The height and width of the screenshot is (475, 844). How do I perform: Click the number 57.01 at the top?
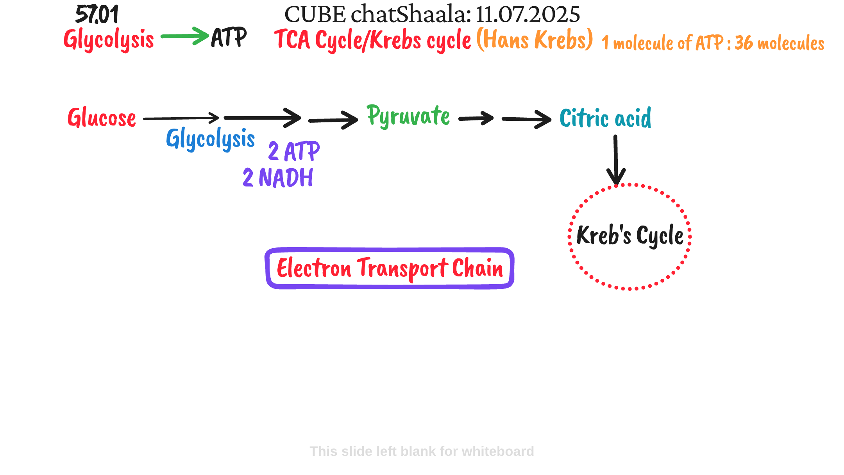[97, 15]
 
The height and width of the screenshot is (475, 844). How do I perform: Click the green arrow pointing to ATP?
[185, 36]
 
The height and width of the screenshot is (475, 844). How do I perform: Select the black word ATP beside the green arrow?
[229, 38]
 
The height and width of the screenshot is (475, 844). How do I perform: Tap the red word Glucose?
[102, 118]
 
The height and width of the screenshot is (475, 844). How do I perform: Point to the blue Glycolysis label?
[211, 139]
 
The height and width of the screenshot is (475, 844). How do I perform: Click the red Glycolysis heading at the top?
[109, 40]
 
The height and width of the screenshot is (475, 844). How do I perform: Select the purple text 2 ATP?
[294, 151]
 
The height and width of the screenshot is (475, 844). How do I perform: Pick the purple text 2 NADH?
[278, 177]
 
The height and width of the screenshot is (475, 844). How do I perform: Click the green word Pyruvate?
[408, 116]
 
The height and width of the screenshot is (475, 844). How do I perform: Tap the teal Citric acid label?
[606, 118]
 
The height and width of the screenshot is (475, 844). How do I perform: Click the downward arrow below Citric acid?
[616, 160]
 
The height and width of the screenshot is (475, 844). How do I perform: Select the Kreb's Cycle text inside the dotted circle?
[630, 235]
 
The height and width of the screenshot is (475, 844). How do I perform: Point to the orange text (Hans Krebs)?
[535, 39]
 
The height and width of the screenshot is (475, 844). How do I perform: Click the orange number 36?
[744, 43]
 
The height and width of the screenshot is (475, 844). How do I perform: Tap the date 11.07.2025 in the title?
[528, 14]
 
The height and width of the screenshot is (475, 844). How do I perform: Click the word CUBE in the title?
[315, 14]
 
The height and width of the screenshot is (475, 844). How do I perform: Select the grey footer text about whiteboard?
[422, 451]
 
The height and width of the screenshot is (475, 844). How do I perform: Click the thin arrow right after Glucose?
[181, 118]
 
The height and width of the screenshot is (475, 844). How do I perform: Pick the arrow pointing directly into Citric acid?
[527, 119]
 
